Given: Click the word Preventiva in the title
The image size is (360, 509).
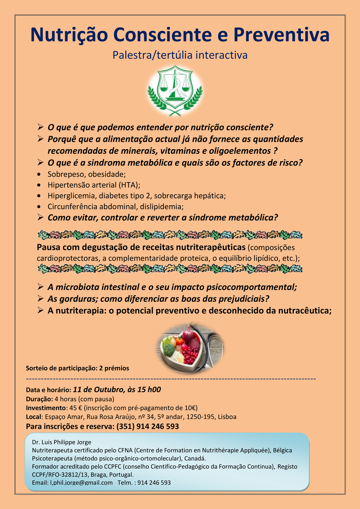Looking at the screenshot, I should pyautogui.click(x=281, y=35).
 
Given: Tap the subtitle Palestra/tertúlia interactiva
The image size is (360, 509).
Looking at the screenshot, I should pyautogui.click(x=180, y=55).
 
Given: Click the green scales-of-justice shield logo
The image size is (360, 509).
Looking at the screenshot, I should pyautogui.click(x=175, y=90).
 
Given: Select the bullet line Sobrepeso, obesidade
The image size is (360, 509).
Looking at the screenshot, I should pyautogui.click(x=86, y=174).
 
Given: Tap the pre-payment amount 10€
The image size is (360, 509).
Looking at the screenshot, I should pyautogui.click(x=190, y=408).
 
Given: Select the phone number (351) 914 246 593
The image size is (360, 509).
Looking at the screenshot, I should pyautogui.click(x=148, y=427).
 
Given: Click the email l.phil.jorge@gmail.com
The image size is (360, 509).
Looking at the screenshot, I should pyautogui.click(x=81, y=483).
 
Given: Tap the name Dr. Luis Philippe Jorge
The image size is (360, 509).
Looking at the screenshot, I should pyautogui.click(x=62, y=442).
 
